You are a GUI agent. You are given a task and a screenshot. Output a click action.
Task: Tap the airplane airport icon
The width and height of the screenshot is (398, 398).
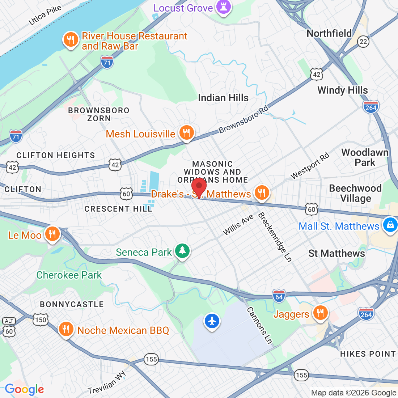tap(212, 321)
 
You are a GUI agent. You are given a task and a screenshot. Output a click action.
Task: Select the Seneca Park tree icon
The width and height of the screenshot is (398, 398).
tap(182, 251)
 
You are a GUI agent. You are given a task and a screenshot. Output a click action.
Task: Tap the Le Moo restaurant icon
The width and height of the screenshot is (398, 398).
tap(52, 234)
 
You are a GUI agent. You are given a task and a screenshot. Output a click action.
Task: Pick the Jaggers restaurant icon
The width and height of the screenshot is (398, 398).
tap(320, 313)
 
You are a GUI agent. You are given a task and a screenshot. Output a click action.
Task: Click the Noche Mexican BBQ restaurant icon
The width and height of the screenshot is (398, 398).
tap(65, 329)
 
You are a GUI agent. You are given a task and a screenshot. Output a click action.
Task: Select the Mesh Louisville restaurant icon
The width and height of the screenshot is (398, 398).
tap(186, 133)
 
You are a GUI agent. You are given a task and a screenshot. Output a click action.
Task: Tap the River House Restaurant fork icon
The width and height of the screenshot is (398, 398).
tap(71, 39)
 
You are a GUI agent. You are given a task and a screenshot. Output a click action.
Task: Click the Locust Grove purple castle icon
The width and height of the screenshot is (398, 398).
tap(223, 7)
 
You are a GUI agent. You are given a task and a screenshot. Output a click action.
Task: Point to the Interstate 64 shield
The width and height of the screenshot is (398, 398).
tap(279, 296)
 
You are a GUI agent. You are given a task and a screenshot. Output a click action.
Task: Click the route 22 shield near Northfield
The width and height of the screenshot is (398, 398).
tap(363, 41)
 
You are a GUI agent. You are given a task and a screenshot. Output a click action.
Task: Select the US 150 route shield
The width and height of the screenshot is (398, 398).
tap(41, 319)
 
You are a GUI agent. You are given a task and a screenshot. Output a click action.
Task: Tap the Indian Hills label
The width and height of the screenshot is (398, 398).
tap(223, 98)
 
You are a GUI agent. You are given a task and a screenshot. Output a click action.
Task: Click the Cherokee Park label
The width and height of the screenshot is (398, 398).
tap(69, 275)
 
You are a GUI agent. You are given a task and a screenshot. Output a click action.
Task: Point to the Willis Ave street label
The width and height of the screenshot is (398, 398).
tap(238, 225)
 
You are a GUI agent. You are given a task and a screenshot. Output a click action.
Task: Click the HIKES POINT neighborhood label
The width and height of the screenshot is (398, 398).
tap(368, 354)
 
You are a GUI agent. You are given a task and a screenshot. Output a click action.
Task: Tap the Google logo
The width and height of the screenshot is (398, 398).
tap(24, 389)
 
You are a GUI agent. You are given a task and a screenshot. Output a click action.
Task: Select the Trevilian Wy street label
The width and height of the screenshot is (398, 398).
tap(107, 383)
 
